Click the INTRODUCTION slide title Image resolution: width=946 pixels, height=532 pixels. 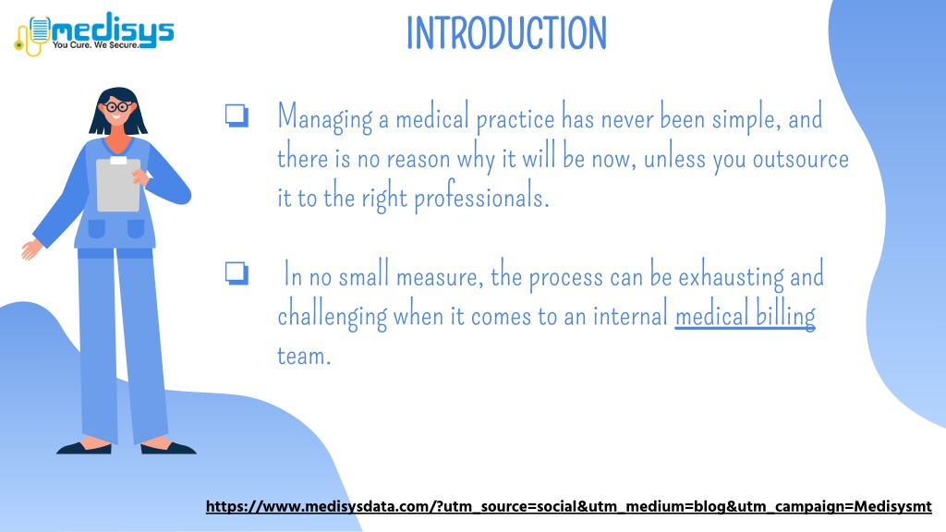click(x=507, y=33)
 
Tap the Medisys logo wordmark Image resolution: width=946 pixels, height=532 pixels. click(x=113, y=29)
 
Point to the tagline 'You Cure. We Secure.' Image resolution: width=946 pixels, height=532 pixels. click(x=95, y=44)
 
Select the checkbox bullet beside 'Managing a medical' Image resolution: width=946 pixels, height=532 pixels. click(x=236, y=115)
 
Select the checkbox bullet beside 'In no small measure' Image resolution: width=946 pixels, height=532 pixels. click(x=236, y=272)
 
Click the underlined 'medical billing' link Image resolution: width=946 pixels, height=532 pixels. click(x=746, y=316)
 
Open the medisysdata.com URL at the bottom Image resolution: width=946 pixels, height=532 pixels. click(x=568, y=506)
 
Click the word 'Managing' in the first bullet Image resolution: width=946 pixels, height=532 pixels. click(x=324, y=118)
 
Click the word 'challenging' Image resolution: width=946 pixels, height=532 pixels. click(x=332, y=316)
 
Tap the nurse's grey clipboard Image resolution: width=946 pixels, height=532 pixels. click(x=118, y=184)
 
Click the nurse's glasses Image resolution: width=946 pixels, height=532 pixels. click(x=117, y=107)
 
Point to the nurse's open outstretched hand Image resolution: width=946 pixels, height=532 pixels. click(x=31, y=248)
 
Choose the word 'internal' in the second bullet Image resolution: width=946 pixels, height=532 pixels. click(x=630, y=316)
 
